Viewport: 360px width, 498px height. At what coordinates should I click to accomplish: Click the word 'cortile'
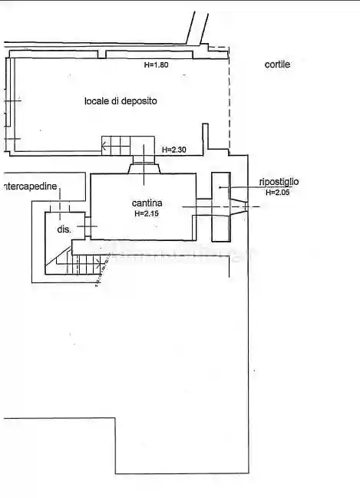pos(277,65)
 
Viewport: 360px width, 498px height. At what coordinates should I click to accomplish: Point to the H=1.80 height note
pos(156,65)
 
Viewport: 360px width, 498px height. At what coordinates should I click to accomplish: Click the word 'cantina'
pos(144,203)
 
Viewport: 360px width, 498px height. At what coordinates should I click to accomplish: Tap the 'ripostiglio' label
pos(279,182)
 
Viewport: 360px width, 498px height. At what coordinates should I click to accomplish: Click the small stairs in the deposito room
pos(117,144)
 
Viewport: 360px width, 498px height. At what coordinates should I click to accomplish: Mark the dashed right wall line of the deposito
pos(229,100)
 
